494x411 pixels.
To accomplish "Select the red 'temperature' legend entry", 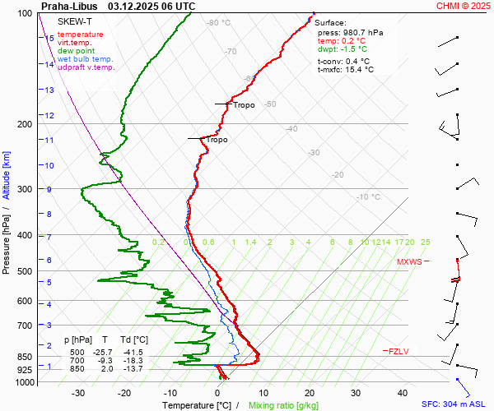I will click(x=81, y=35).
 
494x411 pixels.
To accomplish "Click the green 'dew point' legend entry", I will click(x=77, y=51).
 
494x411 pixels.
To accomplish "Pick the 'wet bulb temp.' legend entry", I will click(x=86, y=59).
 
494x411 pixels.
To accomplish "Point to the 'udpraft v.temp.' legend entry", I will click(x=86, y=67).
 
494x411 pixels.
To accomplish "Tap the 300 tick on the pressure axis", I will click(x=25, y=189).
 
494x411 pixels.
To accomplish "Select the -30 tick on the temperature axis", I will click(x=78, y=393).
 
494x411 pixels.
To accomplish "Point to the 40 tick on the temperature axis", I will click(x=403, y=393).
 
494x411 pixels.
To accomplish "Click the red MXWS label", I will click(x=409, y=262).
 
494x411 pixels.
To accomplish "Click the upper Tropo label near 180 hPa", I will click(x=244, y=105).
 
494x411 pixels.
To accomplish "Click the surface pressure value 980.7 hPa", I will click(x=362, y=32).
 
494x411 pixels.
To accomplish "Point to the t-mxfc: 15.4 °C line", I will click(x=346, y=70).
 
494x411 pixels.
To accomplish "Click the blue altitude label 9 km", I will click(x=49, y=189).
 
